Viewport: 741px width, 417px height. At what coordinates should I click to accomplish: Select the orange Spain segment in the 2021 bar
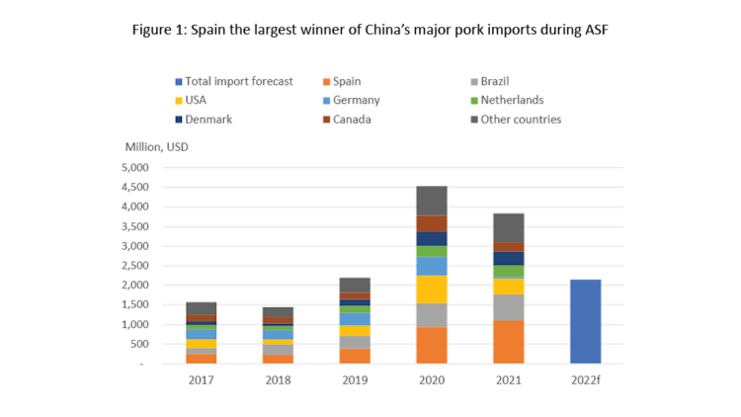(508, 342)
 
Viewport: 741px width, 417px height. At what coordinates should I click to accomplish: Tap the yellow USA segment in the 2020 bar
(431, 289)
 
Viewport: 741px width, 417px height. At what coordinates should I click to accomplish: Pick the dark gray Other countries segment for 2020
(431, 200)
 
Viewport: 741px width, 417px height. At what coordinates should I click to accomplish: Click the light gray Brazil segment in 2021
(508, 307)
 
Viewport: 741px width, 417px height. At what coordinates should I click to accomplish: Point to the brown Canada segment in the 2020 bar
(431, 223)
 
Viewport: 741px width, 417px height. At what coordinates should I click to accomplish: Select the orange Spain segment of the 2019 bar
(355, 356)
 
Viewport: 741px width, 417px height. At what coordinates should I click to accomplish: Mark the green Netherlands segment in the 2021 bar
(508, 272)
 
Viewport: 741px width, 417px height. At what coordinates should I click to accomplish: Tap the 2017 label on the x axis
(201, 379)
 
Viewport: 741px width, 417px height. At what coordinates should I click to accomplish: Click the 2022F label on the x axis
(586, 379)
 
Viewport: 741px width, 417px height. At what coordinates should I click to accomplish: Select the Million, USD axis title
(155, 147)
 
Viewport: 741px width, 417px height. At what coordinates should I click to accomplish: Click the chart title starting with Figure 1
(370, 30)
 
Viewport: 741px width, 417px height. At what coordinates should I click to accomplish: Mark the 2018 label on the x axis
(278, 379)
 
